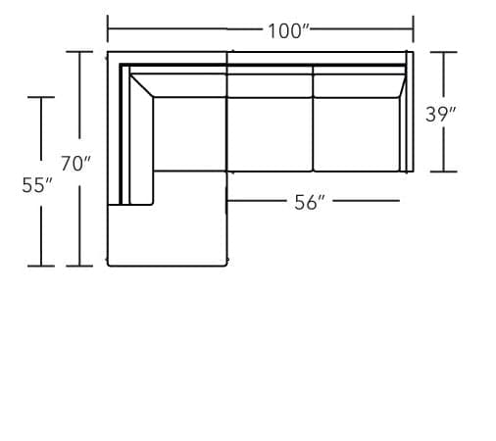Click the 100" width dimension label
287,30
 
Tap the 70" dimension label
75,164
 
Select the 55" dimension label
36,185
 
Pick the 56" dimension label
310,203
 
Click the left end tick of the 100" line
108,29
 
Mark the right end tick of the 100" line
413,29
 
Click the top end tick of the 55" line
40,97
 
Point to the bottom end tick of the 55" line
40,266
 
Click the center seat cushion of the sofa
270,134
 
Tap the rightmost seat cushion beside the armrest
355,134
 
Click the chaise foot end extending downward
167,235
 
